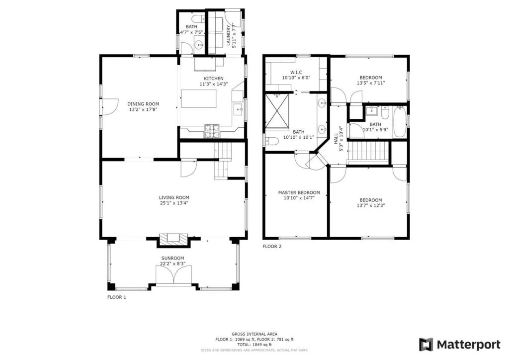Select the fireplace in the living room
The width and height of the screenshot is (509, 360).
click(x=174, y=240)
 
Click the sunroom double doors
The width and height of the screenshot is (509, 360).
click(x=174, y=274)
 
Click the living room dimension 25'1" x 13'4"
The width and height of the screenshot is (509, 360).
click(x=173, y=203)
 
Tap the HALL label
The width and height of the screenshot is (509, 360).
click(x=336, y=134)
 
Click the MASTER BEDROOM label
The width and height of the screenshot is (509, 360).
click(x=299, y=192)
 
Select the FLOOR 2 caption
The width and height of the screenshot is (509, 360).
click(x=272, y=246)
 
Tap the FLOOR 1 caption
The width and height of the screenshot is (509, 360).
click(x=117, y=297)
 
